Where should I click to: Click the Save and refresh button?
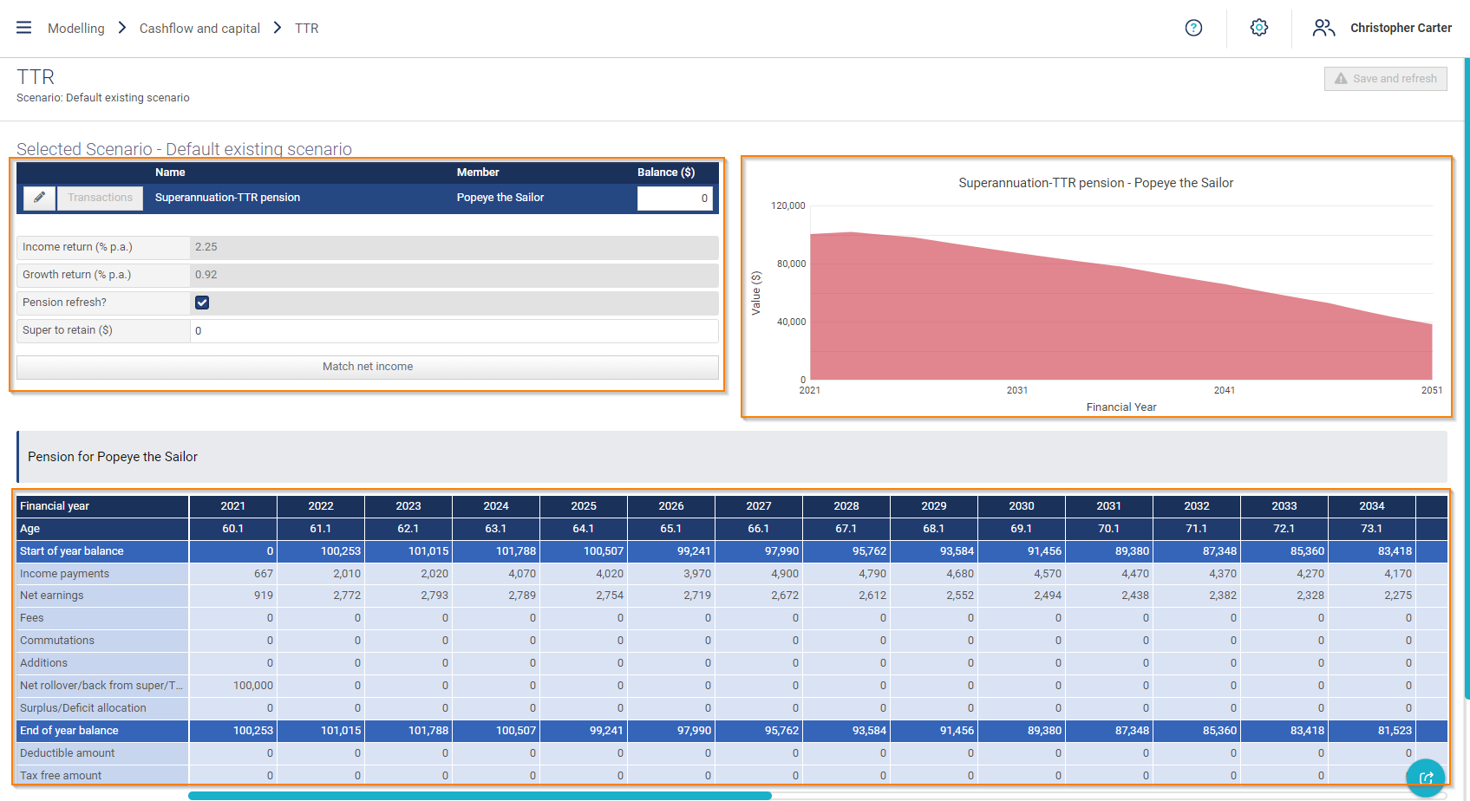point(1385,79)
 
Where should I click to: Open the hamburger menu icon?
point(24,28)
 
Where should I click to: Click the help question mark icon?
point(1193,28)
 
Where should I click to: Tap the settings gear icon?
point(1258,28)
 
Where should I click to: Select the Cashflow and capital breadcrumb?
point(199,29)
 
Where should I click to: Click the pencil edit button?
point(39,198)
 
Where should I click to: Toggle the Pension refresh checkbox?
point(202,303)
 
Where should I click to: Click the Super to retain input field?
point(454,331)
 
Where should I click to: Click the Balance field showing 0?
point(674,199)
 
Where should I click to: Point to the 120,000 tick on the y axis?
point(788,206)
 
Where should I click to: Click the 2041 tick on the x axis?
point(1224,391)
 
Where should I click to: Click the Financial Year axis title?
point(1120,407)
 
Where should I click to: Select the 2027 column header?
point(758,506)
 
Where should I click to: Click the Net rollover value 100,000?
point(253,686)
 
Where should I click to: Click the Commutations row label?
point(57,641)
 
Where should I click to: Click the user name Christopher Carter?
point(1400,28)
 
